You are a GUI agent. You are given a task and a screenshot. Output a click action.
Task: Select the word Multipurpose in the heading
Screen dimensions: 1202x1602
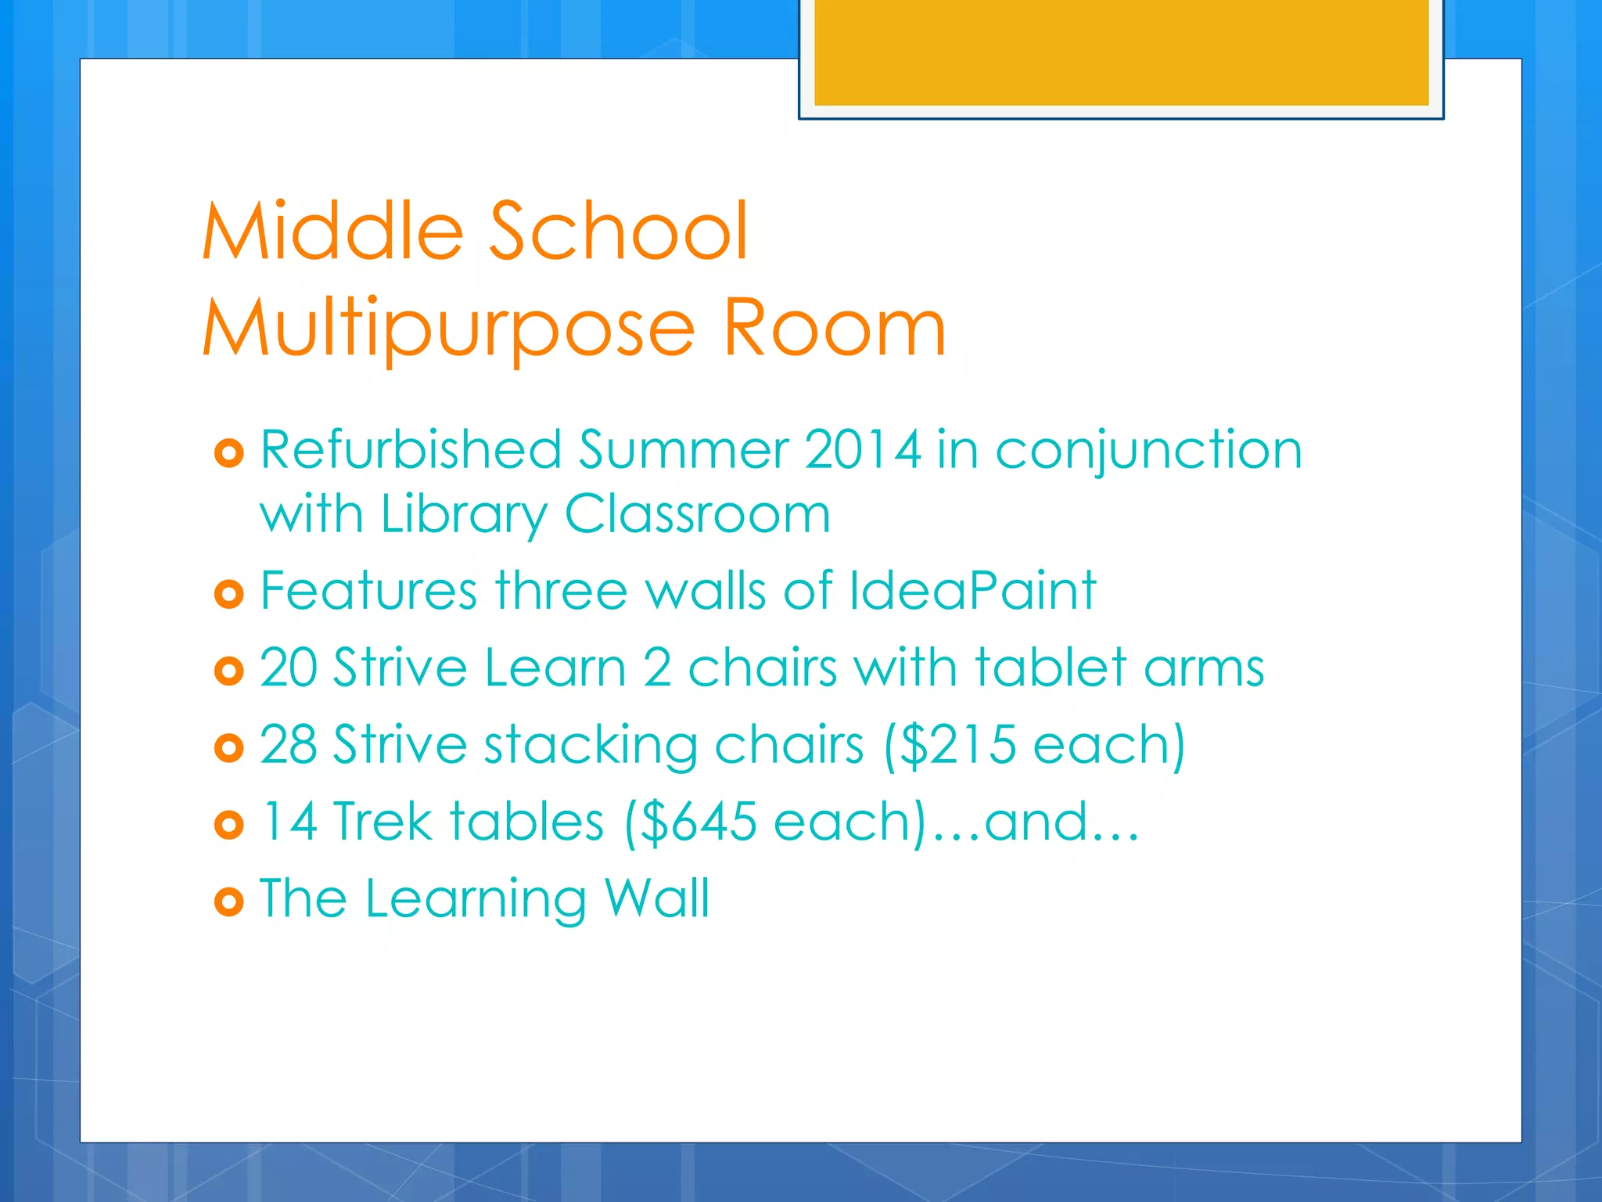pos(448,329)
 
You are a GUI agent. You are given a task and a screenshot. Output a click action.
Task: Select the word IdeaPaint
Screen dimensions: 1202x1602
pos(972,590)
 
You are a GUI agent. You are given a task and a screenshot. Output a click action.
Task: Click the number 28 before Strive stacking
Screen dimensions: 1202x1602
pos(287,744)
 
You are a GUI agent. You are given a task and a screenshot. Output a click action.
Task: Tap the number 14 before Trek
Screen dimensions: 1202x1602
pos(289,822)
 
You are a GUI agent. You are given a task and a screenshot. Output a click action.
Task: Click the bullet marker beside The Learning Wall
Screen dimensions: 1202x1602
pos(228,902)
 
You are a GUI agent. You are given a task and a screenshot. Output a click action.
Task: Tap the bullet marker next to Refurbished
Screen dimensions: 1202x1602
pos(228,453)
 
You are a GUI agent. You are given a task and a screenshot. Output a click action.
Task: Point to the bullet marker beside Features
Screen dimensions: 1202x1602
pos(228,594)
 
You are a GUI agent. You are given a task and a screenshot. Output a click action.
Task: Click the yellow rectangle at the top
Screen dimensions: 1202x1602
pos(1121,52)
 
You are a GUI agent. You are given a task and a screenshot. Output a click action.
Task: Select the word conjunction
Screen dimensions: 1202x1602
pos(1148,452)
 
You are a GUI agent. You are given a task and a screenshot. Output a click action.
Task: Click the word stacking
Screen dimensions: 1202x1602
pos(591,746)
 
